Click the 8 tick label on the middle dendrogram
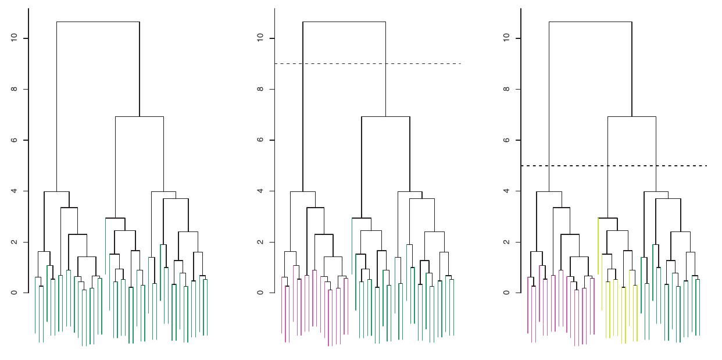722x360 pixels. [x=260, y=89]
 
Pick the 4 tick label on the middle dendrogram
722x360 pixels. [x=260, y=191]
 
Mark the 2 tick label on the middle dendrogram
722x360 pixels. [x=260, y=242]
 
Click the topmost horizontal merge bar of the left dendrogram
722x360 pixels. [x=98, y=22]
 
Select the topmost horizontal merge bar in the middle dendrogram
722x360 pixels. [x=344, y=22]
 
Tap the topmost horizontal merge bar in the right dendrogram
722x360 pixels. [x=590, y=22]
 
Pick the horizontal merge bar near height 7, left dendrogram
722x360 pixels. [x=140, y=117]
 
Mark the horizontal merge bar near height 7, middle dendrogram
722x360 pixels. [x=385, y=117]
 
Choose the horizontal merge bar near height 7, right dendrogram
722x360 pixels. [x=632, y=117]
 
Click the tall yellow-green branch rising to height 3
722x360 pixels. [x=598, y=244]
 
